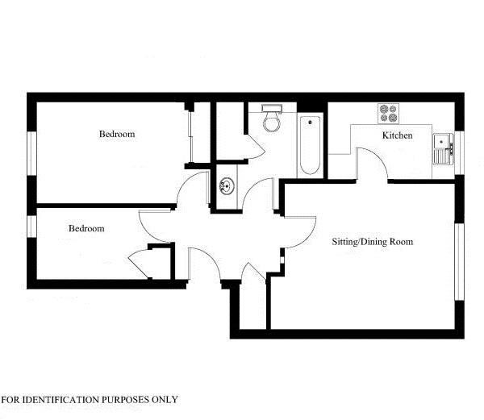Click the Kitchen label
point(397,135)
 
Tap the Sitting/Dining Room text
point(372,242)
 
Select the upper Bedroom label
point(117,134)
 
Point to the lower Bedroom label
point(86,228)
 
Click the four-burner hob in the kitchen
point(389,114)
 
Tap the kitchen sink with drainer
point(443,149)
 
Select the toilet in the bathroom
point(272,119)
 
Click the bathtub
point(310,146)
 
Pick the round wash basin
point(227,186)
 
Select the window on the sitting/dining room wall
point(460,261)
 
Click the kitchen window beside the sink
point(460,152)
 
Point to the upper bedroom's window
point(31,153)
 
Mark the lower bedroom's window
point(31,226)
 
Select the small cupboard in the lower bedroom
point(159,262)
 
